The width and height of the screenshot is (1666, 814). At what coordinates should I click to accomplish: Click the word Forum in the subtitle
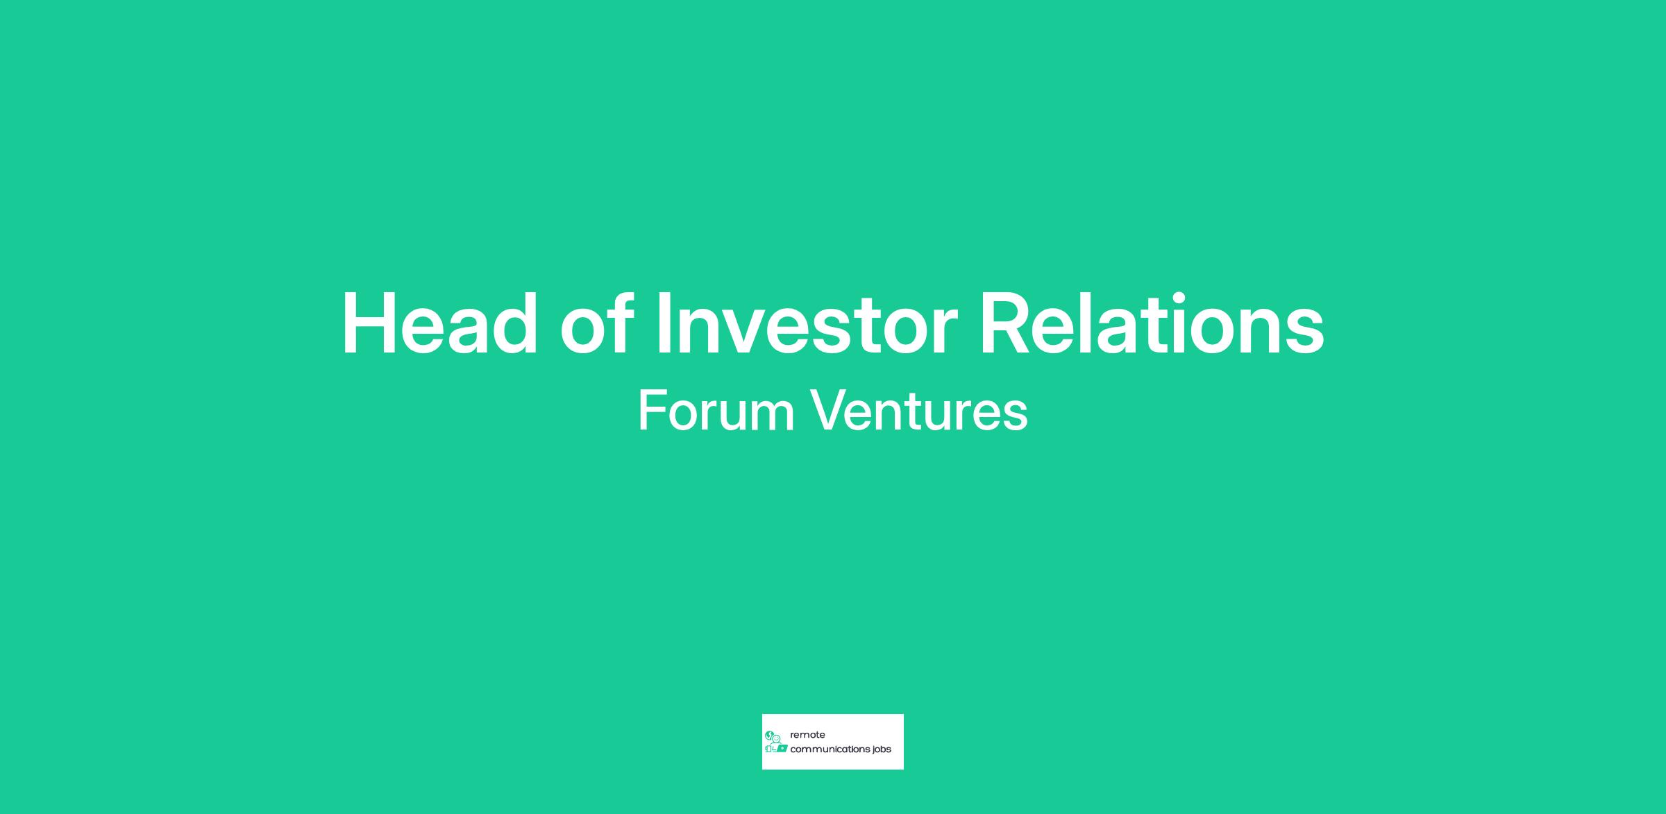716,410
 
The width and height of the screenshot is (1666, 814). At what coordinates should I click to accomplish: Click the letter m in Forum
771,416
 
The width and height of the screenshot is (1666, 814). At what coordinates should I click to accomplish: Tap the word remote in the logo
807,735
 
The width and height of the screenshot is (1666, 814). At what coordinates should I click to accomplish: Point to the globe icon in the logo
769,736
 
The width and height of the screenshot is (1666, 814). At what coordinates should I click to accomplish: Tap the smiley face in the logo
777,739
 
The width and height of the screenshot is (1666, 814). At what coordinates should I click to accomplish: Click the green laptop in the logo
782,749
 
